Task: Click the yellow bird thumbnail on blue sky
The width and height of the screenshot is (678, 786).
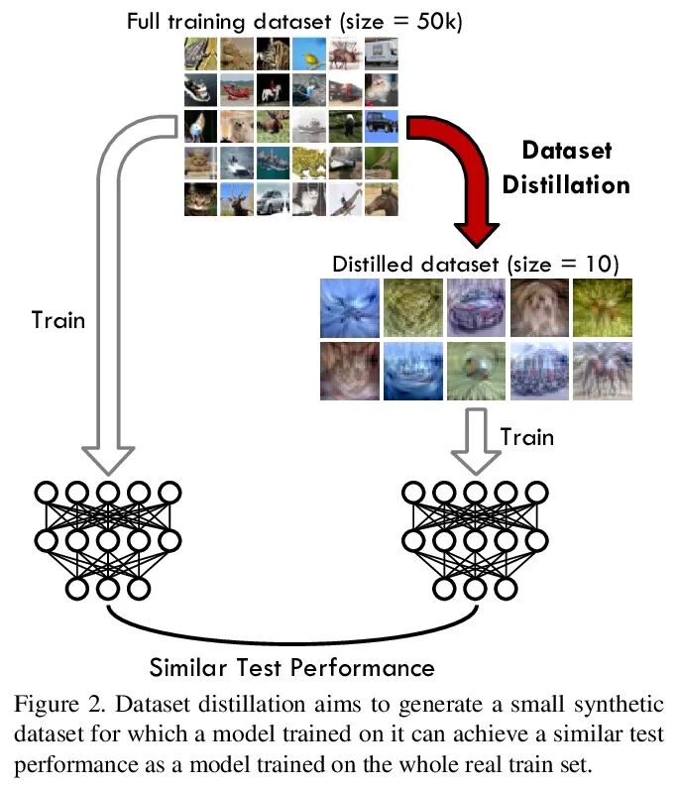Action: (x=309, y=56)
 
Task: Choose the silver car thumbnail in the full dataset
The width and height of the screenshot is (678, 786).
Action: (x=274, y=198)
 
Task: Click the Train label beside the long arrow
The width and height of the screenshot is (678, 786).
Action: (x=58, y=320)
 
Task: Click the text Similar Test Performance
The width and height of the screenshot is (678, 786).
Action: (x=291, y=663)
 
